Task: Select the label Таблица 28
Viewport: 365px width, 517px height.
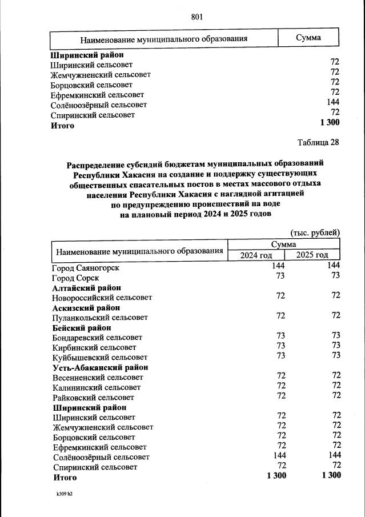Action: (x=318, y=142)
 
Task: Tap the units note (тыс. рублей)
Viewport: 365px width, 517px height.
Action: (x=315, y=233)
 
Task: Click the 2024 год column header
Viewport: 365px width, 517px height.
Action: (x=256, y=255)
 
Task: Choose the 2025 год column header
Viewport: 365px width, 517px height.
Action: (x=312, y=255)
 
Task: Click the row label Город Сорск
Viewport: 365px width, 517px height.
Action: (x=75, y=277)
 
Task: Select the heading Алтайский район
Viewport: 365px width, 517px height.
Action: (x=86, y=287)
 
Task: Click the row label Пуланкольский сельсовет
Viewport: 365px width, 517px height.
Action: (x=99, y=317)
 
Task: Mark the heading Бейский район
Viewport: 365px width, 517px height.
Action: (x=82, y=327)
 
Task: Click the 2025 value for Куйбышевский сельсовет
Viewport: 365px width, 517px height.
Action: (x=335, y=355)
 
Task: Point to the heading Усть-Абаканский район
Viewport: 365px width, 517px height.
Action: (x=100, y=367)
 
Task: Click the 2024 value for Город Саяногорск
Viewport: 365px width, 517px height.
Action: (x=278, y=266)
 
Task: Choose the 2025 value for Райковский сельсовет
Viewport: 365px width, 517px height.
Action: (x=335, y=396)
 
